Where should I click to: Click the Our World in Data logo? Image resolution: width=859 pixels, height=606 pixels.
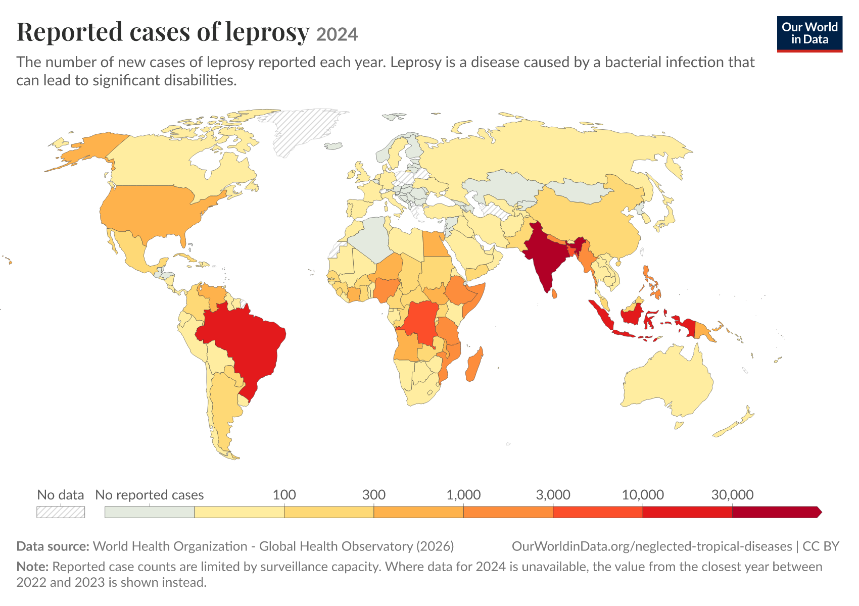point(809,34)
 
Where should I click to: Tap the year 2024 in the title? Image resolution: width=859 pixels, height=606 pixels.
point(337,34)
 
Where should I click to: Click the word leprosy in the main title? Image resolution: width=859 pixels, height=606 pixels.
point(267,32)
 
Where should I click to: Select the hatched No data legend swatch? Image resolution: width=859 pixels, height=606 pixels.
point(61,512)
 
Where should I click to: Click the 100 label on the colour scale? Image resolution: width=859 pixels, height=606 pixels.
point(284,495)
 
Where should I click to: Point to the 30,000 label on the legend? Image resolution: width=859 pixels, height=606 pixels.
point(733,495)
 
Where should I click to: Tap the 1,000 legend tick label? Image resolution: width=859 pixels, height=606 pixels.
point(463,495)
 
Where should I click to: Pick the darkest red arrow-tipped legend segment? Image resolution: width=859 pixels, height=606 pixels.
point(777,512)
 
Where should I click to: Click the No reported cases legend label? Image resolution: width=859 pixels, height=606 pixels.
point(150,495)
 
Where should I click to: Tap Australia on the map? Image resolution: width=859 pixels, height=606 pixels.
point(667,379)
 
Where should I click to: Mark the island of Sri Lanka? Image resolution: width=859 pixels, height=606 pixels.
point(554,293)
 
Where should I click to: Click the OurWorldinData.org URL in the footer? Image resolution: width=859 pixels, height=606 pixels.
point(652,546)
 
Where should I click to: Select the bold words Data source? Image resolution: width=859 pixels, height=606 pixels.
point(53,546)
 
